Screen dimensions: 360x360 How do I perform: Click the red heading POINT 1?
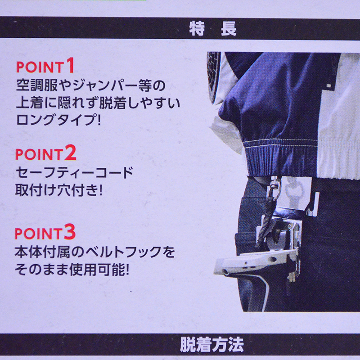tap(45, 66)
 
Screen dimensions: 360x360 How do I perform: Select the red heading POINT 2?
tap(46, 153)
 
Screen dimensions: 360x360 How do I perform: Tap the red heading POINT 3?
tap(45, 232)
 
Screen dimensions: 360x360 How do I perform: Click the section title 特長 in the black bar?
tap(212, 28)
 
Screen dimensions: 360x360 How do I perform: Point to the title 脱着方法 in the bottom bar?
tap(211, 344)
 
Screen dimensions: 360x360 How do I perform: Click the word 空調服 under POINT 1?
tap(37, 85)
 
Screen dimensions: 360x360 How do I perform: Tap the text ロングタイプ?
tap(59, 119)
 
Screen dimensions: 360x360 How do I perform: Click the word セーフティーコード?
tap(74, 173)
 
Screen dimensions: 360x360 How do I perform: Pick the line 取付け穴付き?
tap(59, 190)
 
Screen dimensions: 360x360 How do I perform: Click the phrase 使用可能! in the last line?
tap(99, 269)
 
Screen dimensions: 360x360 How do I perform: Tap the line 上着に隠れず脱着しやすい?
tap(98, 103)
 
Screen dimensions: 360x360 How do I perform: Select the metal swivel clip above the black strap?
tap(274, 187)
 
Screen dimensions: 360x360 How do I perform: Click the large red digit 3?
tap(70, 232)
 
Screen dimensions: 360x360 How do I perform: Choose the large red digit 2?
tap(70, 153)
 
